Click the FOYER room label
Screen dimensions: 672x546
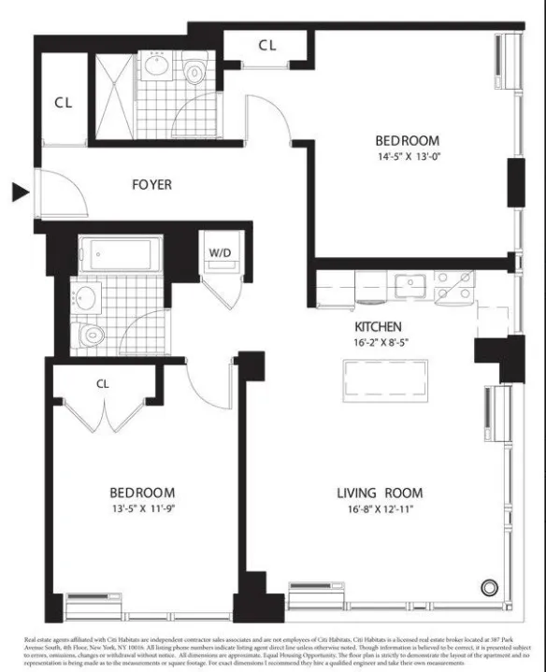(151, 185)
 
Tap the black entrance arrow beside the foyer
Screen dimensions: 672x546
(20, 193)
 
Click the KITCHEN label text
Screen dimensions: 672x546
(378, 327)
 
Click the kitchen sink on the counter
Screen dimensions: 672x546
(409, 284)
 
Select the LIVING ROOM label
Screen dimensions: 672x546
(380, 493)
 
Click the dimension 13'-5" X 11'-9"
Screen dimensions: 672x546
(143, 511)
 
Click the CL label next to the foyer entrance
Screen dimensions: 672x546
(64, 103)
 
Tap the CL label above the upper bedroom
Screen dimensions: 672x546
(267, 44)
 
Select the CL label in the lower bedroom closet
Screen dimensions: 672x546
(104, 382)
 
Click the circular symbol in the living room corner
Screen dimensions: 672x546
(489, 587)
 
